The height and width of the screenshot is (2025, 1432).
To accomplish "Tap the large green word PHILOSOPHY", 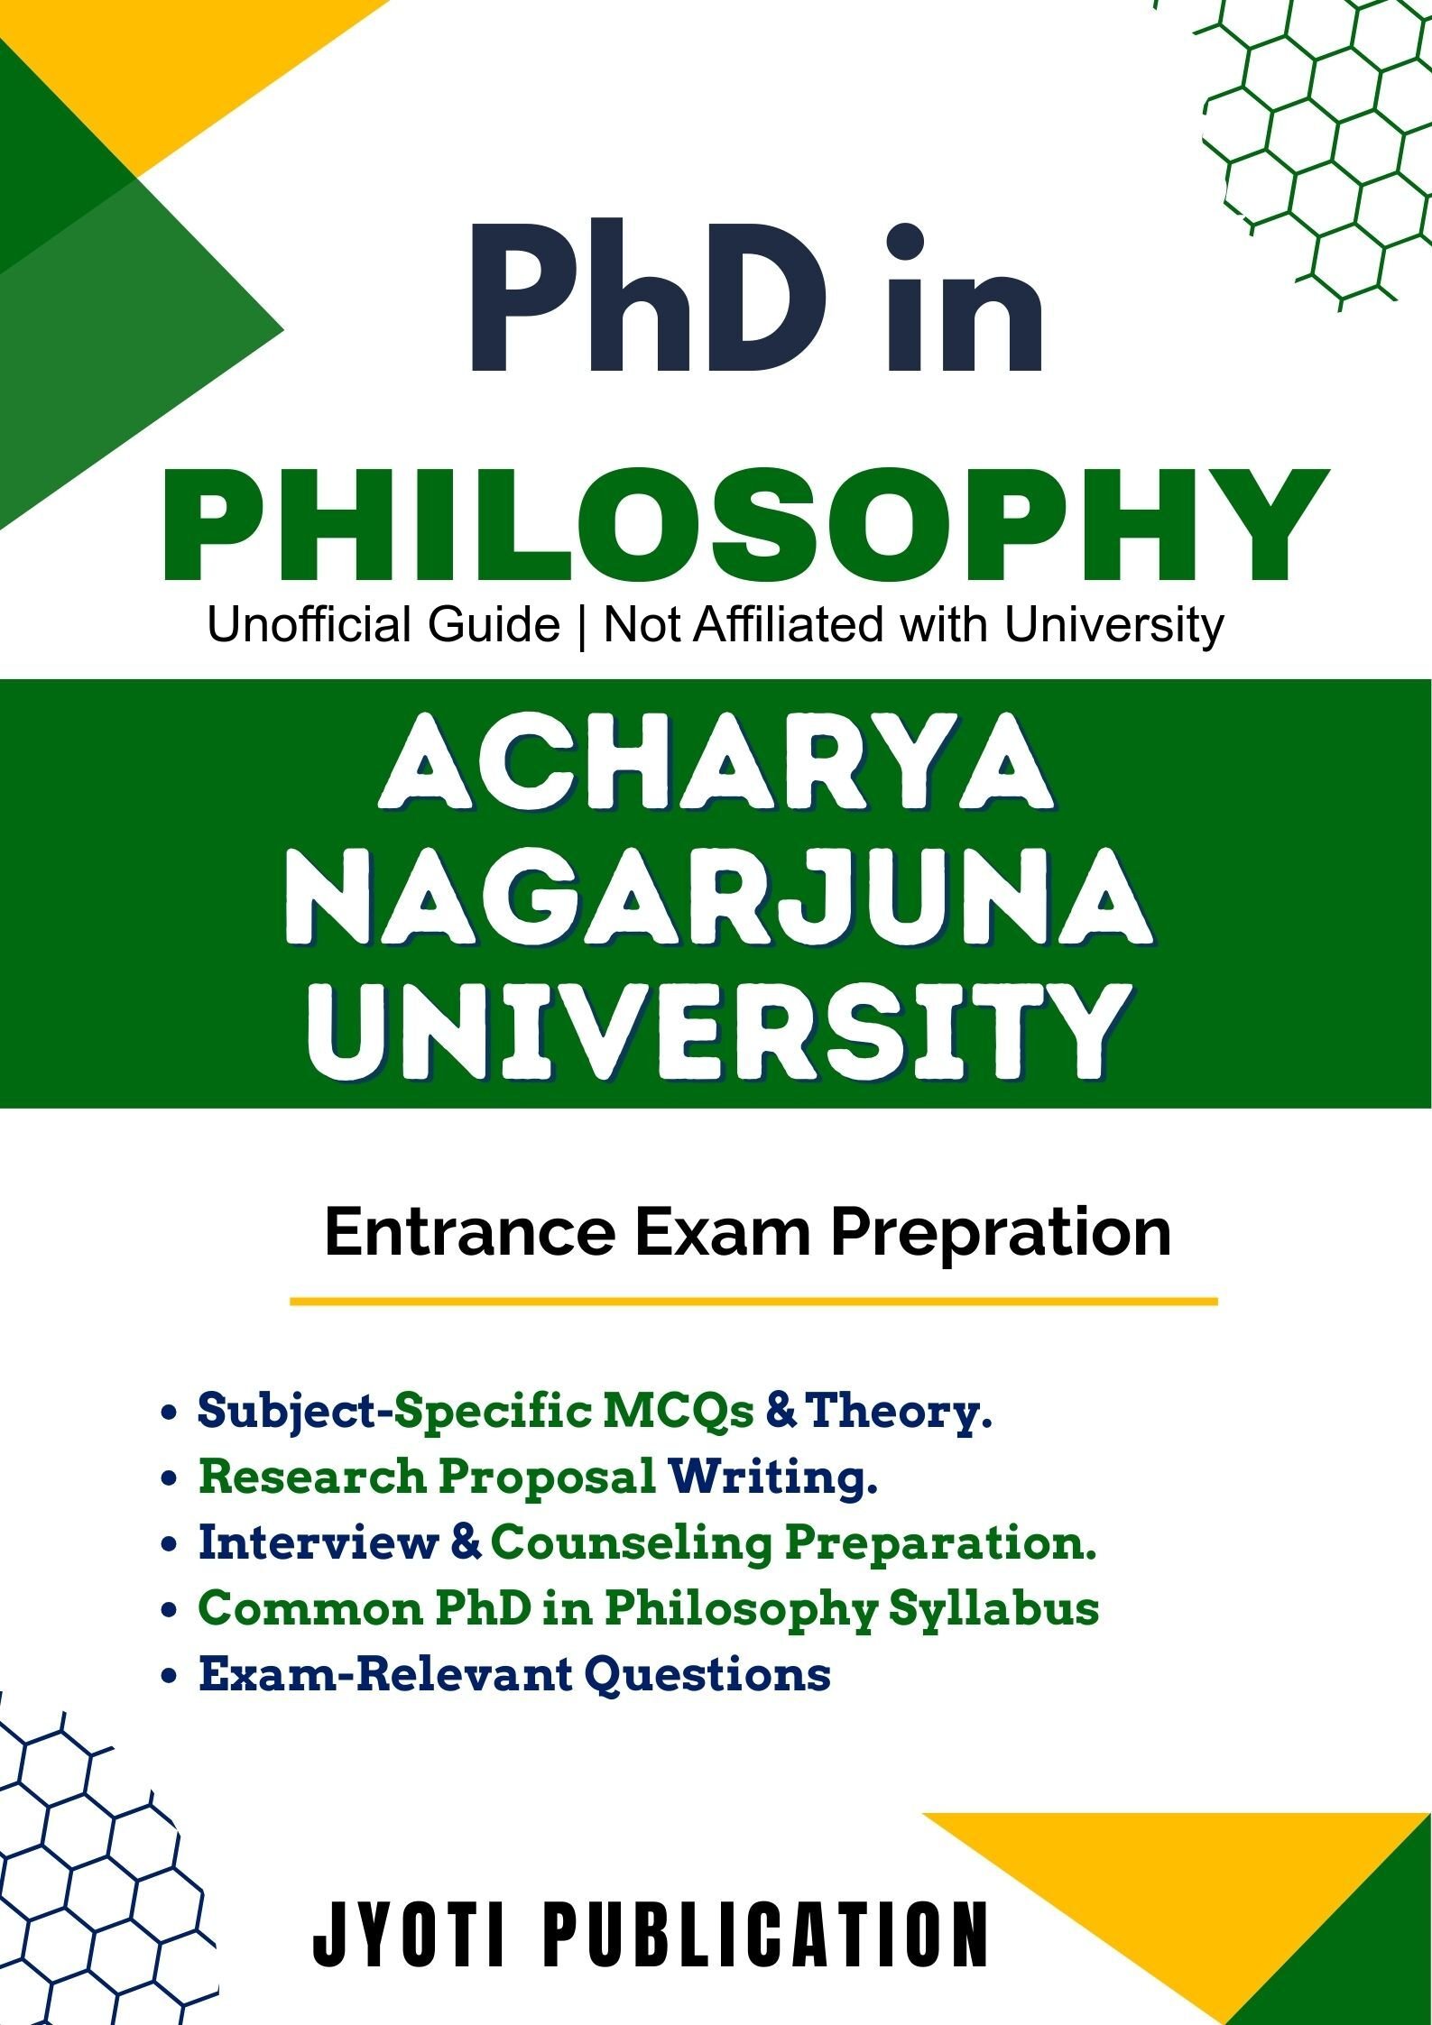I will [x=745, y=529].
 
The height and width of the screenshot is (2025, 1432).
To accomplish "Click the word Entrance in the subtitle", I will [x=469, y=1232].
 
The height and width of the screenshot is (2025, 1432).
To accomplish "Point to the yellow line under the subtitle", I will [x=753, y=1302].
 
